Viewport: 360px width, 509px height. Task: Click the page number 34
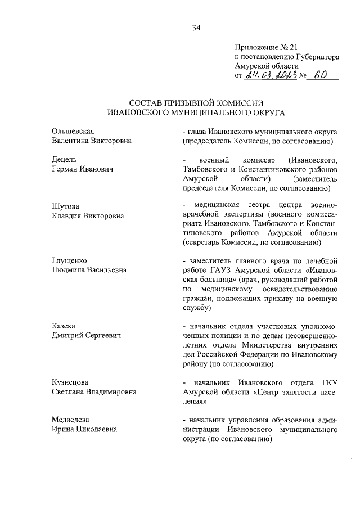tap(196, 27)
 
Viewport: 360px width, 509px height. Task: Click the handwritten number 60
tap(322, 74)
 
